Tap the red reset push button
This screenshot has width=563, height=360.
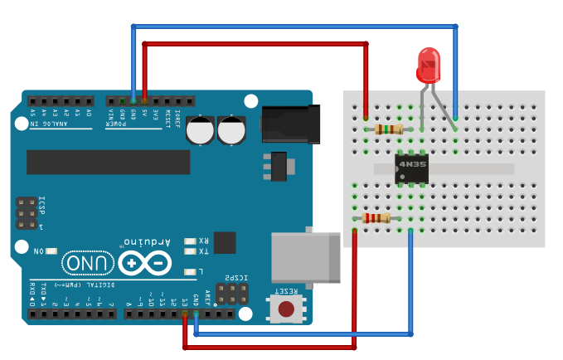(286, 309)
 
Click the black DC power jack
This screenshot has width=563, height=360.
(290, 124)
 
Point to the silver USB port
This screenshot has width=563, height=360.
(305, 256)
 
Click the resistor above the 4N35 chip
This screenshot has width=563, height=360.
(388, 129)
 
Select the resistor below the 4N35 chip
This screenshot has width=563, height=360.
(376, 218)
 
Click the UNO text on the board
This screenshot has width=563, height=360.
(87, 263)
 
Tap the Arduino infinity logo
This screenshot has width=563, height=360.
(145, 263)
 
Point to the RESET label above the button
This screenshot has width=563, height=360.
(287, 291)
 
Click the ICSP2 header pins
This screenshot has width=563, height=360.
(233, 293)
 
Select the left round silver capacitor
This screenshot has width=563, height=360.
(201, 130)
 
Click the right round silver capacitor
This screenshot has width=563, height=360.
(232, 130)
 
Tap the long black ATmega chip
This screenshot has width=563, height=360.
(108, 162)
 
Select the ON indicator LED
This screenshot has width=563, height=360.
(51, 251)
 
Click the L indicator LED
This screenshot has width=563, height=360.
(190, 271)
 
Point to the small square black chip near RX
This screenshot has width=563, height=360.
(225, 242)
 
